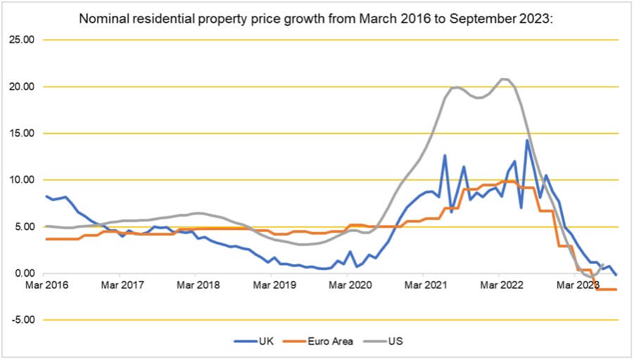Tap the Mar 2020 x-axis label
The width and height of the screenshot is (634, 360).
point(348,285)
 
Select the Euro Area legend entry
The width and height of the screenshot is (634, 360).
point(329,342)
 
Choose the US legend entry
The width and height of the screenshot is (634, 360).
point(395,342)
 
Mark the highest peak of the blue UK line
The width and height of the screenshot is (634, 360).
point(526,140)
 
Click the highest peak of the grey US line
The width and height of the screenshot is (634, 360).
point(502,79)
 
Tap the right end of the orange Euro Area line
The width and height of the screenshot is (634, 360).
point(616,289)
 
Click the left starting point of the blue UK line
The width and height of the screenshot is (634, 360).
point(46,196)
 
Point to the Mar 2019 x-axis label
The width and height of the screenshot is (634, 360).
point(272,285)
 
